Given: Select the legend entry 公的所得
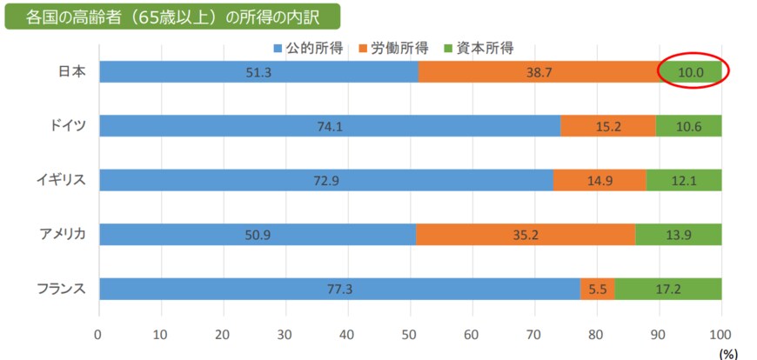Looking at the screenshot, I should [307, 47].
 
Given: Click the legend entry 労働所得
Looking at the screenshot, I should [392, 47].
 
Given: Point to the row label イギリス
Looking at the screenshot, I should [62, 180].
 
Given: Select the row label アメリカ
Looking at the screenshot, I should [62, 234].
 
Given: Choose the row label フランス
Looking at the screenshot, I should [62, 288].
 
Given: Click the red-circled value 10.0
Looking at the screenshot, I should [692, 72].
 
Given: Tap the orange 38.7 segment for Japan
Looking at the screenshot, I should [539, 72].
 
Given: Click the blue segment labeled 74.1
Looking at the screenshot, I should [330, 126].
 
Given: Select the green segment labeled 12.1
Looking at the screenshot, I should [684, 180].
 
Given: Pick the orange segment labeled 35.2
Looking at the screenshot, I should [526, 234].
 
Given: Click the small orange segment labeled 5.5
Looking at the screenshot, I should [597, 288].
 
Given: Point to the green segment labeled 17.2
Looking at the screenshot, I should [668, 288].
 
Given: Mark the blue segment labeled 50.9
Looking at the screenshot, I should [258, 234].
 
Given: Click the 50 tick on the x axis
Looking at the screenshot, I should [410, 334].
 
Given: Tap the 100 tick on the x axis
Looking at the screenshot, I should [720, 334].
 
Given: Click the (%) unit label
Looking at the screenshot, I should [727, 353].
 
